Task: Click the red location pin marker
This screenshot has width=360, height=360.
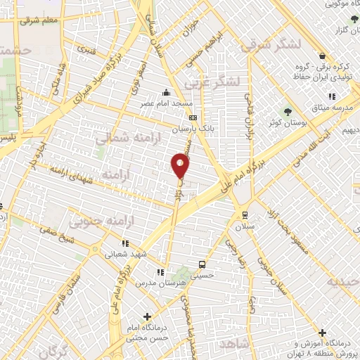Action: coord(181,165)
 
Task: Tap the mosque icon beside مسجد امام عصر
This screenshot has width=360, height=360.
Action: coord(166,92)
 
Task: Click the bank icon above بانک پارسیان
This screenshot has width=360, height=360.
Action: coord(193,117)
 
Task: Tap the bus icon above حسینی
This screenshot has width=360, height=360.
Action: coord(202,265)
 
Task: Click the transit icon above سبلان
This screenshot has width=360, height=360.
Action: coord(245,216)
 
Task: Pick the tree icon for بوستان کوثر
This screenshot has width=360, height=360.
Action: coord(287,112)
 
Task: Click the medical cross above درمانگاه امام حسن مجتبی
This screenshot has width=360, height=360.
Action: coord(146,317)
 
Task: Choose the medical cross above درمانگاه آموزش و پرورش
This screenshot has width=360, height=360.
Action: coord(323,333)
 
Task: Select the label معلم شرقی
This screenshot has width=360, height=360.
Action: coord(39,22)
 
